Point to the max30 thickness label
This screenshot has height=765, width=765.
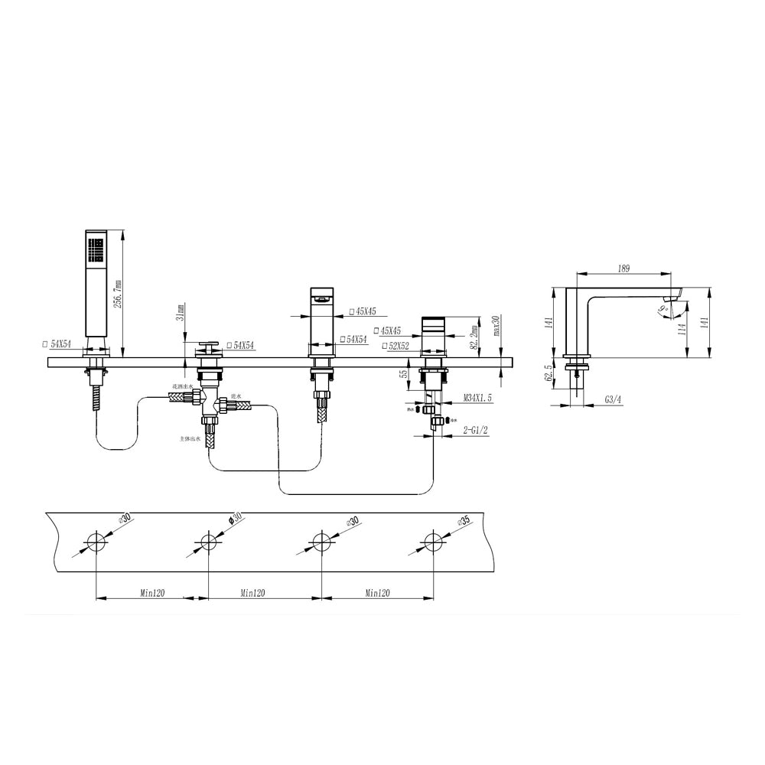(x=496, y=326)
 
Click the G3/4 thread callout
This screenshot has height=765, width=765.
(x=613, y=399)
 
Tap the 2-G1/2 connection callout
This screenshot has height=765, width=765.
(x=477, y=431)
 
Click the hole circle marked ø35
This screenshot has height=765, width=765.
(x=433, y=542)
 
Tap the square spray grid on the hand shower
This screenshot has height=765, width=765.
(x=96, y=249)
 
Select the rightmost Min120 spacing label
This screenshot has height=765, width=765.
(x=377, y=593)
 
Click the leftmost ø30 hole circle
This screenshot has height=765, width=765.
(x=95, y=542)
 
